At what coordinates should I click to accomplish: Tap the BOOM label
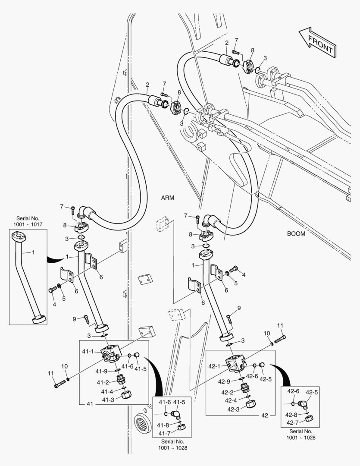(x=296, y=234)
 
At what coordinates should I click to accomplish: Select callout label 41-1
(x=88, y=352)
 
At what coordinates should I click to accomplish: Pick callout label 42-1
(x=214, y=366)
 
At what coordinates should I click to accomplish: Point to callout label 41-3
(x=108, y=400)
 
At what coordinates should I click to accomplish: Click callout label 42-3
(x=234, y=409)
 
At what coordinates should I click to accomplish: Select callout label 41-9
(x=102, y=371)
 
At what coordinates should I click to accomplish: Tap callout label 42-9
(x=224, y=381)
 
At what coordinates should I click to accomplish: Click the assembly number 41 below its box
(x=90, y=404)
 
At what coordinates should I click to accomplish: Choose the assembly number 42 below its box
(x=265, y=415)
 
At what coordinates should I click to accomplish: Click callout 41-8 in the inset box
(x=163, y=425)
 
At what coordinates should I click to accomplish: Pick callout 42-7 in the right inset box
(x=293, y=422)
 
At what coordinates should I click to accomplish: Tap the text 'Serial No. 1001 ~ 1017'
(x=28, y=222)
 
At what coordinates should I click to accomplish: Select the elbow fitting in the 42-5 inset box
(x=303, y=405)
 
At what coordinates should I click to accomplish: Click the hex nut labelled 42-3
(x=250, y=405)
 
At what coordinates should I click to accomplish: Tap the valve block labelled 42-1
(x=235, y=364)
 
